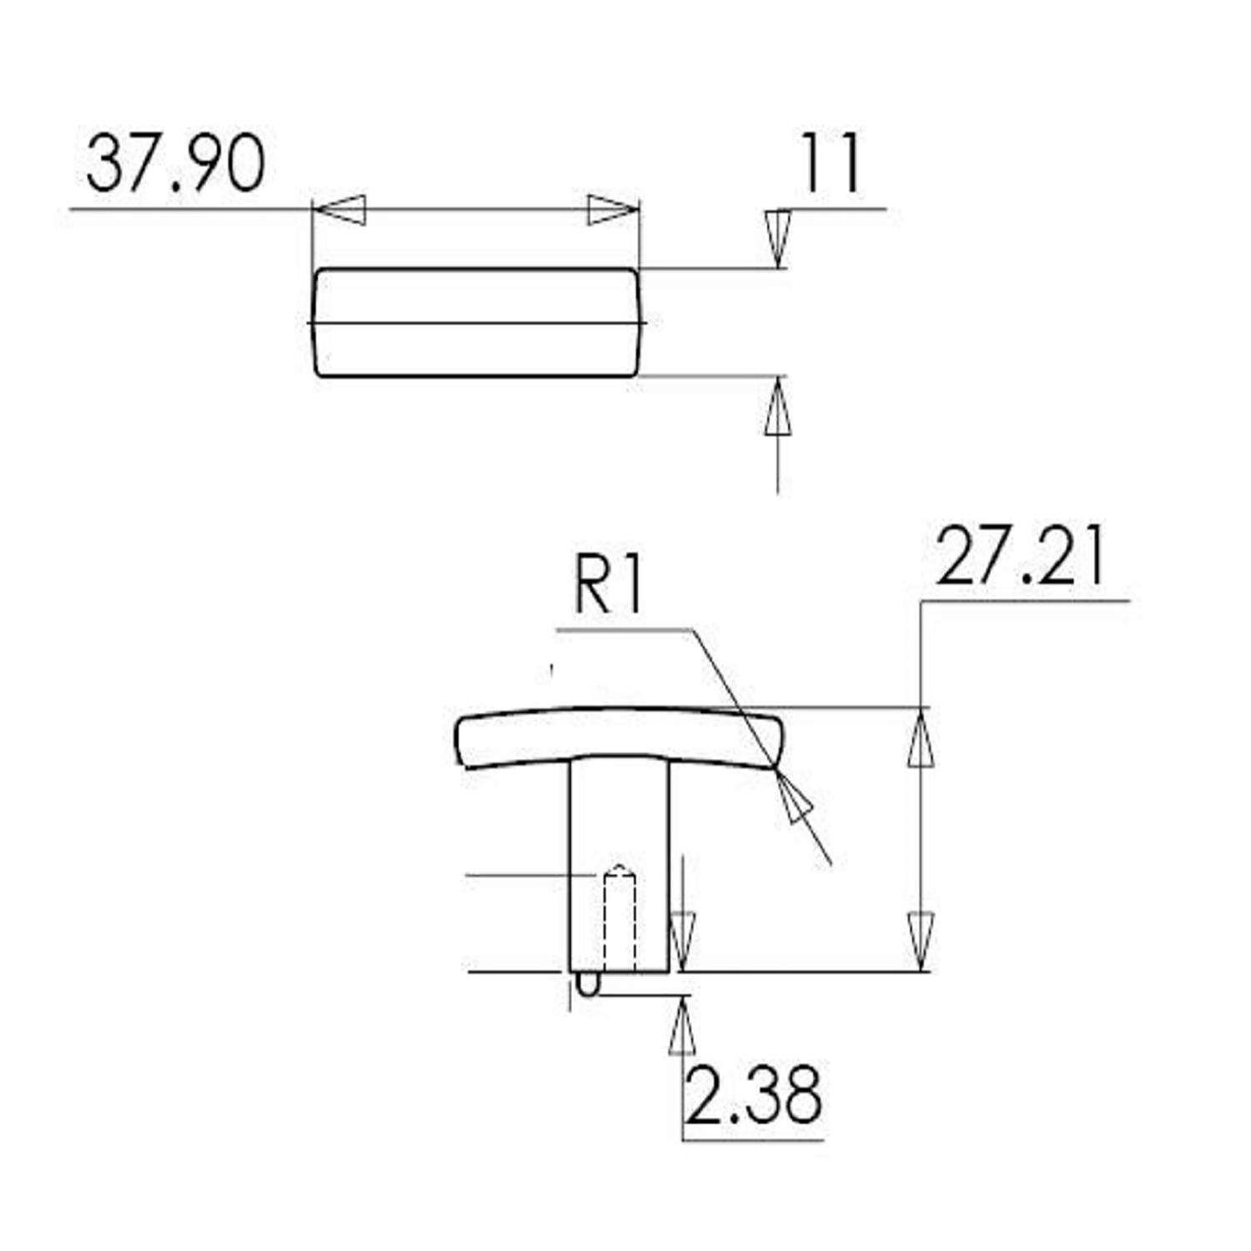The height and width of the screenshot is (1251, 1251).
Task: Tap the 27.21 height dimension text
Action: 1020,557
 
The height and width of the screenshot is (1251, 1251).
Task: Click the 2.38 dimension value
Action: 753,1094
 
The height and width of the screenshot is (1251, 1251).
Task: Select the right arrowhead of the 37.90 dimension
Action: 612,209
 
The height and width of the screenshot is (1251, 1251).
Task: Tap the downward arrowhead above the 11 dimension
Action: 777,238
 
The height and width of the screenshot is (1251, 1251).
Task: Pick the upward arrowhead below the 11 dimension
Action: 777,406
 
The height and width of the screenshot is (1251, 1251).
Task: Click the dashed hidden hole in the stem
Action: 619,922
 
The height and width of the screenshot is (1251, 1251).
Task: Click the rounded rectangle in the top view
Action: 476,323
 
